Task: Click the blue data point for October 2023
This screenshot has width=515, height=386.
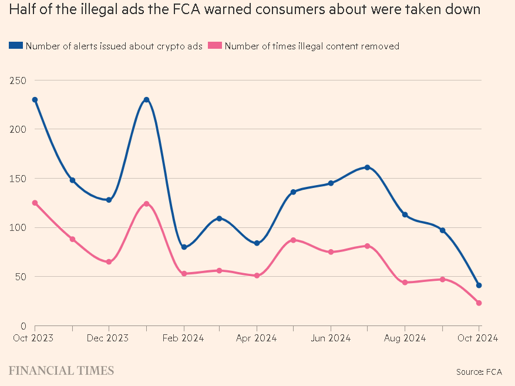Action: [35, 100]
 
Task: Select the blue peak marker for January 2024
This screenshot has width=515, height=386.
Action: [146, 100]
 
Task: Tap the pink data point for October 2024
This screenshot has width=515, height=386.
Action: [479, 303]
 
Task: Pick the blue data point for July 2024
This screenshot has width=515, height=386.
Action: [368, 167]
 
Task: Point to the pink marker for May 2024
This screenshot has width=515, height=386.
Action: [293, 240]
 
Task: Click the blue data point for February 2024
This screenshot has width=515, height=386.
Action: [184, 247]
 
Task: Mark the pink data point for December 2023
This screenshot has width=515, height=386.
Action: [109, 261]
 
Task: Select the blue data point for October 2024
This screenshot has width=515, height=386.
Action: [479, 286]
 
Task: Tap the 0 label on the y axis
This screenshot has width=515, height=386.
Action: [22, 326]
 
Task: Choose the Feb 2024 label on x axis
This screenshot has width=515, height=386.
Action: [183, 338]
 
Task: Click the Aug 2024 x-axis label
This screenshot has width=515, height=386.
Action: [405, 338]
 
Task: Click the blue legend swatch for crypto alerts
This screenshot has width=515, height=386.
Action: [16, 46]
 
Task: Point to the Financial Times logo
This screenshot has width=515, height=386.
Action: [61, 371]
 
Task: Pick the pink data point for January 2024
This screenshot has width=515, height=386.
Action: [146, 204]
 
